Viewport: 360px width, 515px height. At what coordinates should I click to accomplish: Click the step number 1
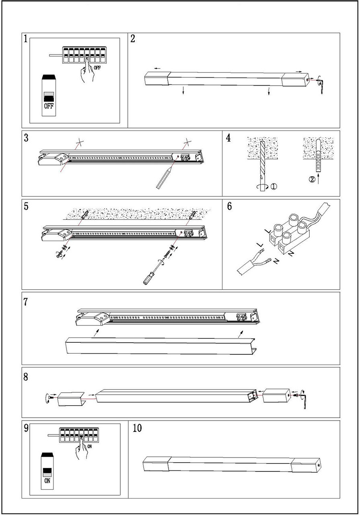[x=26, y=39]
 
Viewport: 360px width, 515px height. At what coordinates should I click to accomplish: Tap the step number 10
[x=137, y=428]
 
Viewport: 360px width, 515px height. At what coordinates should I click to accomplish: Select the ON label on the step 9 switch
[x=47, y=480]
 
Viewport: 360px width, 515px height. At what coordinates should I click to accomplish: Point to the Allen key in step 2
[x=323, y=85]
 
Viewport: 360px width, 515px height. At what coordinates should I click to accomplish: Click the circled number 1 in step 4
[x=273, y=187]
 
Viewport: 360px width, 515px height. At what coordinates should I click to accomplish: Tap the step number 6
[x=229, y=206]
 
